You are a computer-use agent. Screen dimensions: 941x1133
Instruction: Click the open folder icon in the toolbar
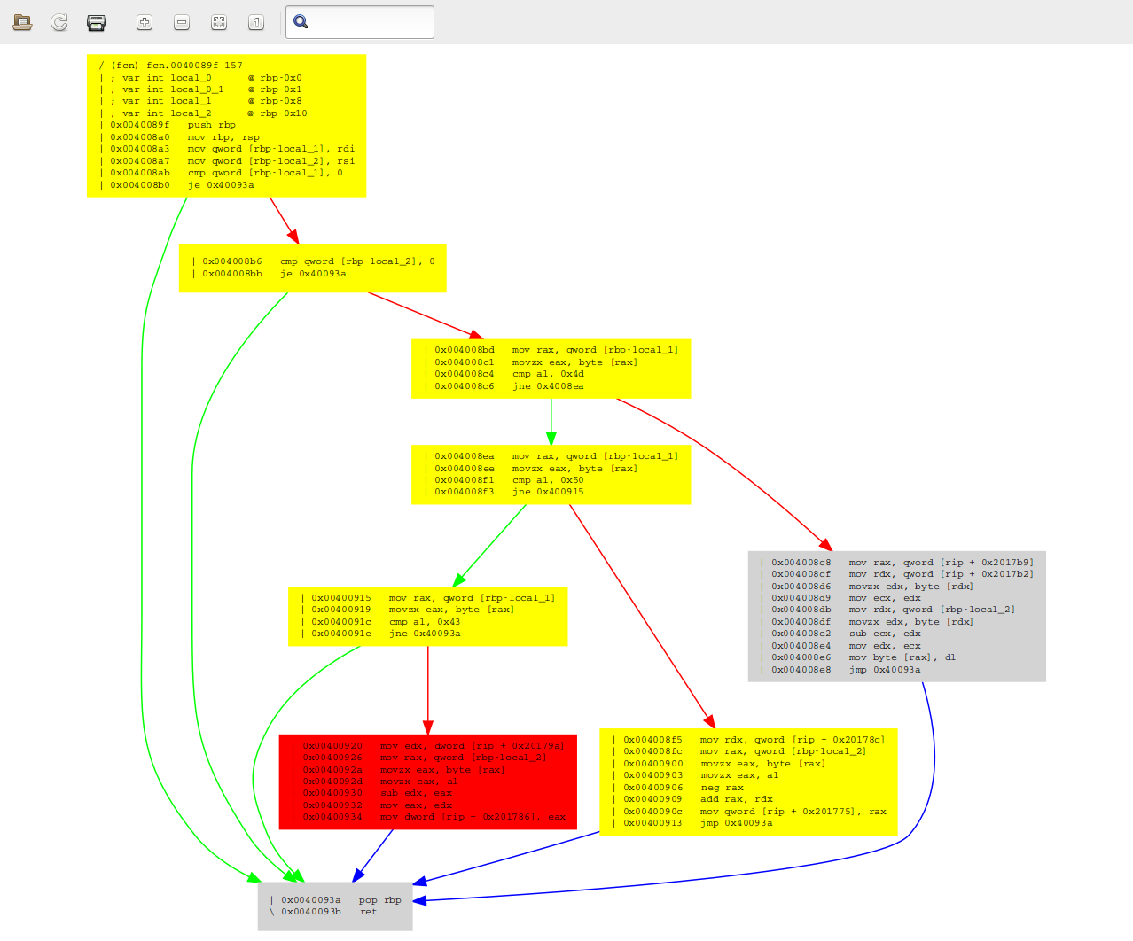23,22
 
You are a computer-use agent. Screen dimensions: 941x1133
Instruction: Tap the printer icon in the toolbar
97,22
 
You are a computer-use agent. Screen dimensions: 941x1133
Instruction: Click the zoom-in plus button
145,22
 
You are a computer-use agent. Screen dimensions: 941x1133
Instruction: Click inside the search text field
368,22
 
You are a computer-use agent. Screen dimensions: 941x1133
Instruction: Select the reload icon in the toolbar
59,22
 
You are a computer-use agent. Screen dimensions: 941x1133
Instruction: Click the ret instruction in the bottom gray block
368,912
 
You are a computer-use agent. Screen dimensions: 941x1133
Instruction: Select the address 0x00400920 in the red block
332,746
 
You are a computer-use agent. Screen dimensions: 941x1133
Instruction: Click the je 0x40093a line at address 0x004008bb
313,274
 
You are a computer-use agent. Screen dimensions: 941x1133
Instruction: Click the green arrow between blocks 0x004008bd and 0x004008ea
551,421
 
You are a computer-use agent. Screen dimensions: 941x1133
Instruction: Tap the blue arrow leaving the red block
373,856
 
